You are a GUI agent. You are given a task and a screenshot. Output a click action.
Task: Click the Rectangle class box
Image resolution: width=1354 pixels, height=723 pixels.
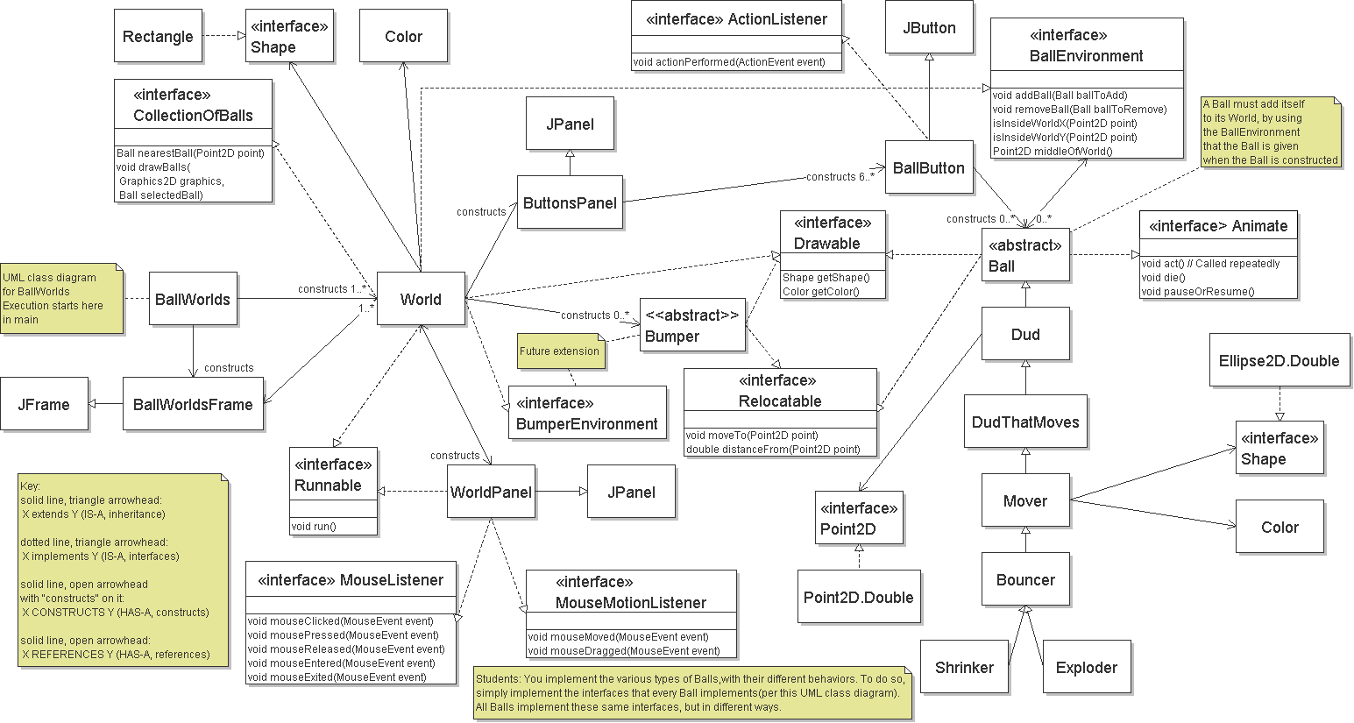coord(158,36)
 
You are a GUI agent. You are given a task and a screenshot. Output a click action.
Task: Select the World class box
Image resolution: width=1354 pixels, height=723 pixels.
coord(421,299)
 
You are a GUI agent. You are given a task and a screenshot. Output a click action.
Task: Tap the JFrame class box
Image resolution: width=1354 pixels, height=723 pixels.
coord(44,404)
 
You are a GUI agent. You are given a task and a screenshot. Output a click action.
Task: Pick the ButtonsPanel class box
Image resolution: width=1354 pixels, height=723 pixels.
coord(570,202)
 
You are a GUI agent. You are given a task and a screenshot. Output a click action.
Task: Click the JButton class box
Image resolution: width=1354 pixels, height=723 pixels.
coord(929,27)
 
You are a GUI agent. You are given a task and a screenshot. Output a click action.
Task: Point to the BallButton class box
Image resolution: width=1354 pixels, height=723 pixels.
coord(929,167)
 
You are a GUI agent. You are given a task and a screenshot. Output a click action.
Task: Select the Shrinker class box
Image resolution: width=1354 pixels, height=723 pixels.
coord(964,667)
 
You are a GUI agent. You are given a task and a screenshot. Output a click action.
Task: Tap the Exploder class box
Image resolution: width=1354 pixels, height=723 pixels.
coord(1087,667)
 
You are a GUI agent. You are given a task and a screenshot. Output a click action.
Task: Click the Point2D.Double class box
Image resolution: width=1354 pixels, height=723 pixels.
coord(859,597)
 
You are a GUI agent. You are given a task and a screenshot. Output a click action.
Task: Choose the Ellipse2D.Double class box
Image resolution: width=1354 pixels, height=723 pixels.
coord(1279,360)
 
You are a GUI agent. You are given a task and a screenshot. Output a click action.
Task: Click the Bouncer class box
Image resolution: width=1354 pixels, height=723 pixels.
coord(1025,579)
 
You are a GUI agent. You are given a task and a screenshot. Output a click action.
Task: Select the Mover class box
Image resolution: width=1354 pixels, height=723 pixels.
coord(1025,500)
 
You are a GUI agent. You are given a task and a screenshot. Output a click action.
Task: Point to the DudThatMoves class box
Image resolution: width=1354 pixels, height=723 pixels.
coord(1025,422)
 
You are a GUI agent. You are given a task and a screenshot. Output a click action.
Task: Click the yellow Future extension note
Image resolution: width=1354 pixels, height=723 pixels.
coord(560,351)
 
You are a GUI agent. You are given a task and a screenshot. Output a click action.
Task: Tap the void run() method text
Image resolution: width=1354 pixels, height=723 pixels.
coord(314,527)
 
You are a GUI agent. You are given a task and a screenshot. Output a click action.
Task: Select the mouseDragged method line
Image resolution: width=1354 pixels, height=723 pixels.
coord(624,651)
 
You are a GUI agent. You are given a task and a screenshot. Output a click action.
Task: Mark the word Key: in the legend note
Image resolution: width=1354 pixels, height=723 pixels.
coord(31,486)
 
